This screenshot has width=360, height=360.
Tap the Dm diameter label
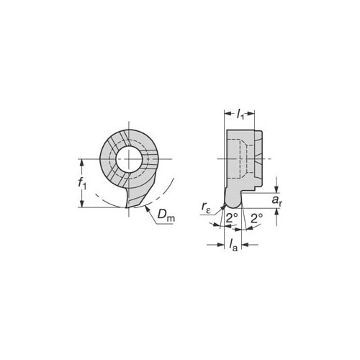166,215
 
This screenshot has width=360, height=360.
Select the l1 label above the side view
240,114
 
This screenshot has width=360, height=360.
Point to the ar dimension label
277,200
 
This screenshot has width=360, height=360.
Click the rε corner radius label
206,207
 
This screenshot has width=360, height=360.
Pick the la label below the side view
233,246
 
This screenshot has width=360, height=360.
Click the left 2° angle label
232,218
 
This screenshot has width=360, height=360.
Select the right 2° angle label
257,218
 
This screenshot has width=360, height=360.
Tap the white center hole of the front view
129,159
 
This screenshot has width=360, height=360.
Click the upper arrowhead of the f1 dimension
82,163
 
